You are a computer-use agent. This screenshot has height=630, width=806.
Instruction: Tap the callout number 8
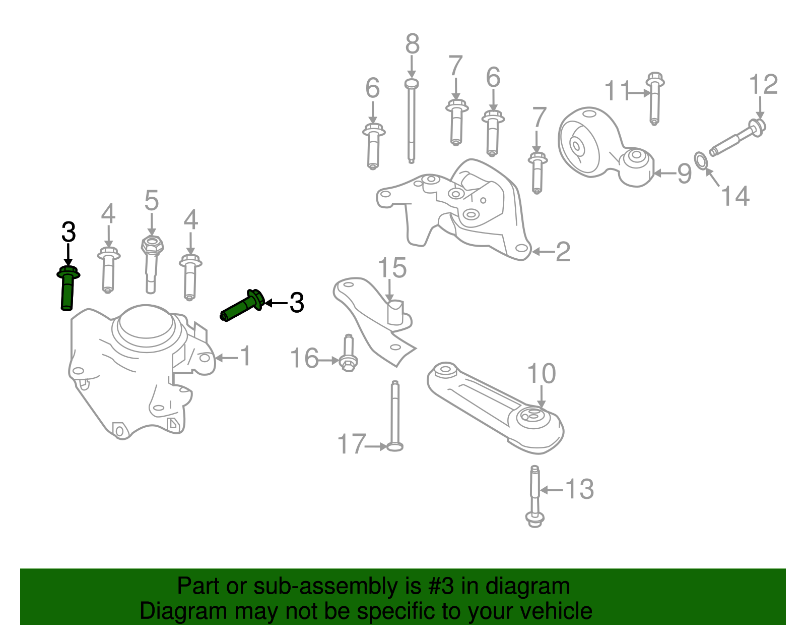(x=412, y=44)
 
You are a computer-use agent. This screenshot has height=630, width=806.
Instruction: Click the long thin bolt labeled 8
(x=411, y=121)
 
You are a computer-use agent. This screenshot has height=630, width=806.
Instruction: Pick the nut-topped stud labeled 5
(x=151, y=262)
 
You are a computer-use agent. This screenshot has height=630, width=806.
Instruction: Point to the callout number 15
(x=392, y=268)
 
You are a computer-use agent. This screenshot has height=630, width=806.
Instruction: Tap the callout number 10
(x=542, y=374)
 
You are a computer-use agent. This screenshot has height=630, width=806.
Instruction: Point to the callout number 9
(x=684, y=174)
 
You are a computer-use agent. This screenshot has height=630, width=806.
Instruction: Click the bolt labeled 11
(x=654, y=98)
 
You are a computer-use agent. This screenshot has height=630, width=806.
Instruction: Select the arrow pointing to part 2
(x=543, y=251)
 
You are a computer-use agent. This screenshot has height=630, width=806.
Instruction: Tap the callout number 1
(x=245, y=356)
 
